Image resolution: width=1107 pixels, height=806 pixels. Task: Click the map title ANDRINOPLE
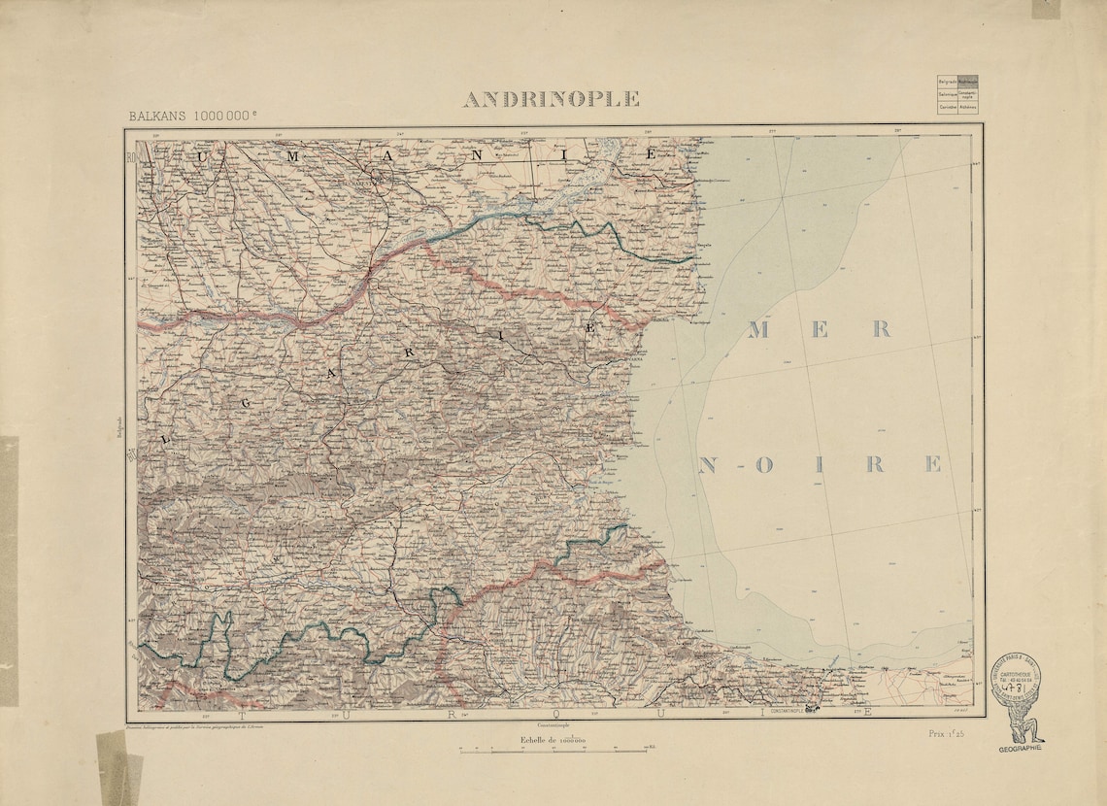(x=551, y=99)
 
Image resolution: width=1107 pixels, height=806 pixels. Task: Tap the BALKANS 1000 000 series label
(x=193, y=116)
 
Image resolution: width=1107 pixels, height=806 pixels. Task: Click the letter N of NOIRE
(x=708, y=464)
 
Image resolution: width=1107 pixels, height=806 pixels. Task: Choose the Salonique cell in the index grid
(x=947, y=94)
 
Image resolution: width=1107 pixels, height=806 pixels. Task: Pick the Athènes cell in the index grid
(x=967, y=108)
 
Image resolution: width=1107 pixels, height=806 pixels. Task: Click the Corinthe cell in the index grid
(x=947, y=108)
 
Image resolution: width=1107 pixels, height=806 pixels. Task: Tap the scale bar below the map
(x=553, y=750)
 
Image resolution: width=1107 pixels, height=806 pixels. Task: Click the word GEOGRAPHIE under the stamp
(x=1020, y=749)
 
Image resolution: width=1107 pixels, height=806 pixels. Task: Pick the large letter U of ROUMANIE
(x=201, y=155)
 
